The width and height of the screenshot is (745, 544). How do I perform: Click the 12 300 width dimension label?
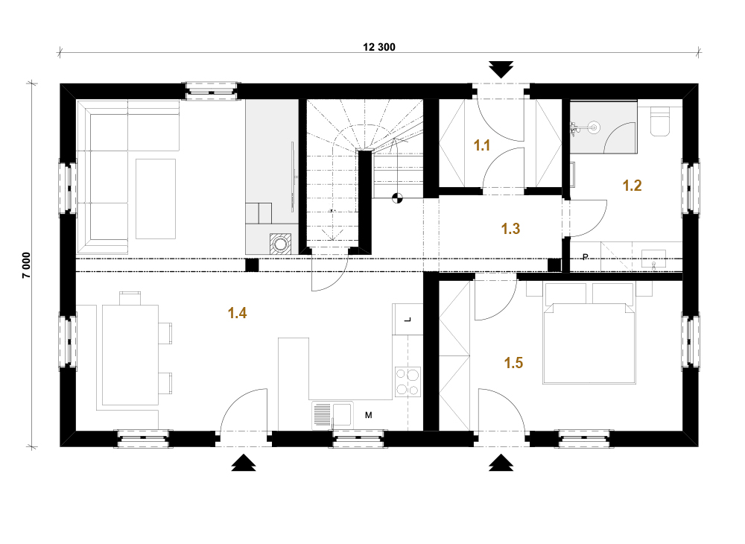378,47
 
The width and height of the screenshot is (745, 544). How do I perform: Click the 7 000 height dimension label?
27,265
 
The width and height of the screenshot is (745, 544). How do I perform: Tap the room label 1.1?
482,145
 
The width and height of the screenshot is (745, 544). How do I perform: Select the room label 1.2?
632,186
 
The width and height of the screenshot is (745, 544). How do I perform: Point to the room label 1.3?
511,229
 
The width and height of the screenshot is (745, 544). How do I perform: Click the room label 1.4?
237,313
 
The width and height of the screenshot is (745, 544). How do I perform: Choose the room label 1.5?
513,363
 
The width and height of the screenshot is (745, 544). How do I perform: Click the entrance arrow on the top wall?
501,69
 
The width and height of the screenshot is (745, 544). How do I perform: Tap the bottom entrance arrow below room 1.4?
244,462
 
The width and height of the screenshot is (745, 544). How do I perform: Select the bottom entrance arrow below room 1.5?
501,462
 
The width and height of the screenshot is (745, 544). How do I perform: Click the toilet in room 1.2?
659,121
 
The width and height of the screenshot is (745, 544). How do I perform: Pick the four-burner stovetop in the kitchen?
408,382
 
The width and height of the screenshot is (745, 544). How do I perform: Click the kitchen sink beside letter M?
332,416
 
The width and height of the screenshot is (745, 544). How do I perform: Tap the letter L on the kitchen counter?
408,320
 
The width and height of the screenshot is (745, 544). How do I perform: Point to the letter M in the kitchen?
368,415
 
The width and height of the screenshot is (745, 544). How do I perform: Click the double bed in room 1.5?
589,332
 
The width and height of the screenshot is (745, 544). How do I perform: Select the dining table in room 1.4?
130,355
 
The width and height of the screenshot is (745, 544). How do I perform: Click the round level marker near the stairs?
397,198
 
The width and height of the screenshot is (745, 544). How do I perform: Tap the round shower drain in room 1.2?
593,127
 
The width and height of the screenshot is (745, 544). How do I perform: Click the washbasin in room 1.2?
654,260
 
